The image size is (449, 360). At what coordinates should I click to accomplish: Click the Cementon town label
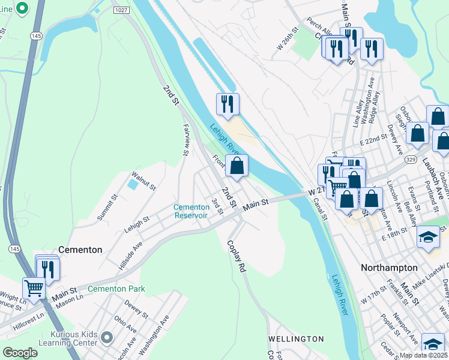click(80, 249)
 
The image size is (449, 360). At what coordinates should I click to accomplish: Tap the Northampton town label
click(388, 268)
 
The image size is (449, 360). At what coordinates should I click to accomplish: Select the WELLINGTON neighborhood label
click(296, 339)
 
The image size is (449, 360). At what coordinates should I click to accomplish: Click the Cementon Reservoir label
click(191, 211)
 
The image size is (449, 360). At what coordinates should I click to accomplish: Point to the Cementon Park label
click(116, 289)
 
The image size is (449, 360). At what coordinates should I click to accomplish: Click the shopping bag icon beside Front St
click(237, 166)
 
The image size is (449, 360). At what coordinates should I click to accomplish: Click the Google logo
click(20, 352)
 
